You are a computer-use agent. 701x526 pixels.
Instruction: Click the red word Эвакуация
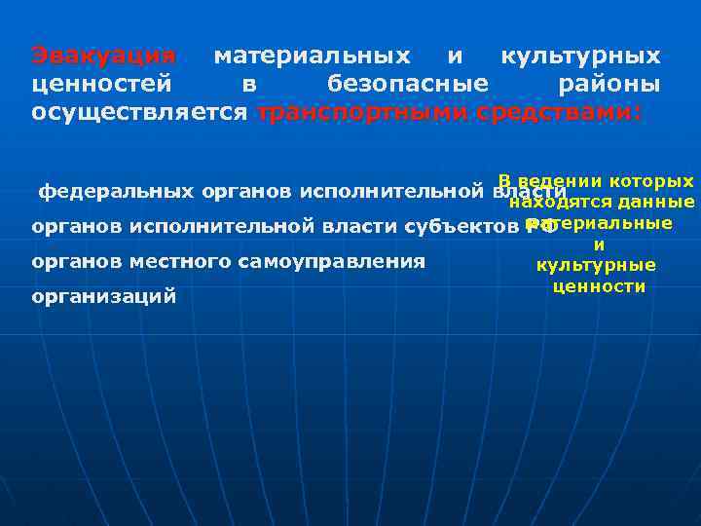[103, 56]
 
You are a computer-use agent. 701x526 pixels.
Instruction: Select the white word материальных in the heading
[312, 56]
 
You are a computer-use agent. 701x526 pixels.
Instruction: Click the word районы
[609, 84]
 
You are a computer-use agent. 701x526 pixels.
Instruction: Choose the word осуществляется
[139, 112]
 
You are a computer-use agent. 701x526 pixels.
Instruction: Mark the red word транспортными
[362, 112]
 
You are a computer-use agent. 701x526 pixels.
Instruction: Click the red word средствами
[559, 112]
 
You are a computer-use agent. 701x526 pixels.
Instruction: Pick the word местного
[210, 261]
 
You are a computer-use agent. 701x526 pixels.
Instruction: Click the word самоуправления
[345, 261]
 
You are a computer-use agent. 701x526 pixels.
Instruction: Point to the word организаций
[104, 296]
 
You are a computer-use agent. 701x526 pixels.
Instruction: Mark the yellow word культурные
[596, 265]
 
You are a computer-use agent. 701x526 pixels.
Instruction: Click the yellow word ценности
[599, 286]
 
